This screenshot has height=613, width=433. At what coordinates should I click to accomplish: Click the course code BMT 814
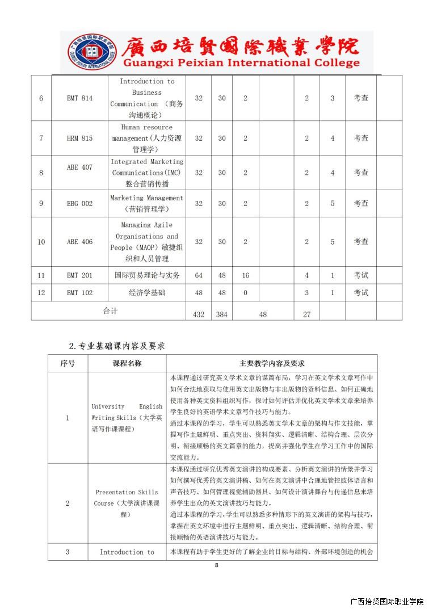(x=79, y=98)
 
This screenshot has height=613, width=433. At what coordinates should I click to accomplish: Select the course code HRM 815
(x=79, y=138)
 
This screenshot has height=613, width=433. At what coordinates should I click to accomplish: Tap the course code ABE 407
(x=79, y=167)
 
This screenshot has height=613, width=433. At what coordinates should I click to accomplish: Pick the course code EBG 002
(x=79, y=203)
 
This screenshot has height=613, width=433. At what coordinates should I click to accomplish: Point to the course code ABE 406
(x=79, y=242)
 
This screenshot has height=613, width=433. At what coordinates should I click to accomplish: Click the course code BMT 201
(x=79, y=275)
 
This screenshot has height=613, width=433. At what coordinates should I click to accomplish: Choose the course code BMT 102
(x=79, y=293)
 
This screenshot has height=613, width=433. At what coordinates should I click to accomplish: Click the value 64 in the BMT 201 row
(x=199, y=275)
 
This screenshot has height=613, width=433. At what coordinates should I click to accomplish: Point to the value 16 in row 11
(x=246, y=275)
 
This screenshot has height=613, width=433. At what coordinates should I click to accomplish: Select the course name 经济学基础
(x=147, y=293)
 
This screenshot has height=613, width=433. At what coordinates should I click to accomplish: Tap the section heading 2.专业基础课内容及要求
(x=117, y=345)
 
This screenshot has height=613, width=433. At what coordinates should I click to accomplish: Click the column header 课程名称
(x=127, y=363)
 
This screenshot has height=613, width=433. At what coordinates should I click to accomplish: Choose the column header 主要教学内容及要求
(x=272, y=363)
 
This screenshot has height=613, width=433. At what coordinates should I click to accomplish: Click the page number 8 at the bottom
(x=216, y=565)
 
